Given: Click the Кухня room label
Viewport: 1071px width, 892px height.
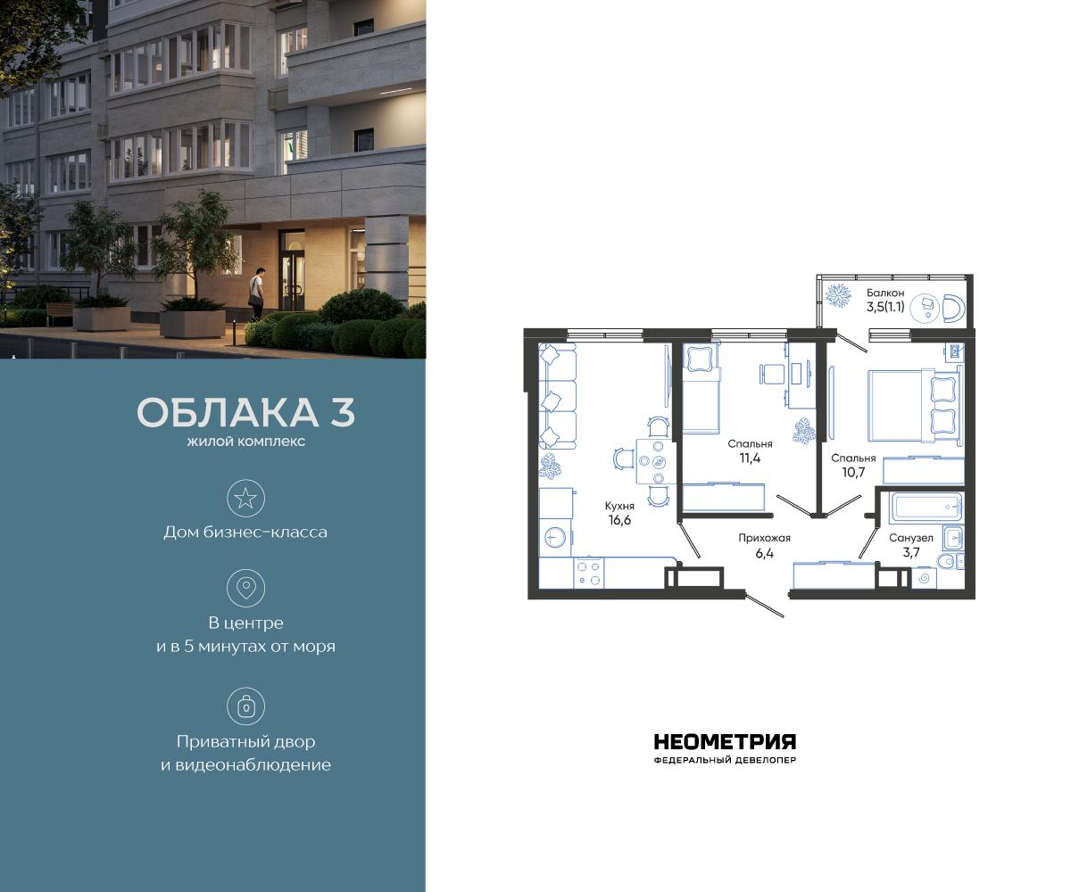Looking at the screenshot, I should pos(619,505).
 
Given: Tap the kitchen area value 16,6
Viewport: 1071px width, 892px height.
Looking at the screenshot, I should pos(619,521).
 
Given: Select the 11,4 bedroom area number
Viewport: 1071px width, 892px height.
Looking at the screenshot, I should pos(749,458).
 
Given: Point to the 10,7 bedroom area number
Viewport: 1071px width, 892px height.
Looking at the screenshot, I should pos(852,474).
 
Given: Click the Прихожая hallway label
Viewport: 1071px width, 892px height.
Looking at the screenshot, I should pos(764,538).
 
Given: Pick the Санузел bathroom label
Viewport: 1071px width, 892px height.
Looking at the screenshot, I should pos(910,538).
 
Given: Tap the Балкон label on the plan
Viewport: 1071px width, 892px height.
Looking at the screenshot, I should pos(885,293).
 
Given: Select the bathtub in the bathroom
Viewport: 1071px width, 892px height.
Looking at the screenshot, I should pos(927,509).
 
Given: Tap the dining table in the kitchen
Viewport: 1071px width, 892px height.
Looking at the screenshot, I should pos(652,461).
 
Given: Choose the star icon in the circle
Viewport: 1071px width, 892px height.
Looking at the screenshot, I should pos(245,498).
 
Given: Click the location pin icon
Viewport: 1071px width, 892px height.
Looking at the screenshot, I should pos(245,588).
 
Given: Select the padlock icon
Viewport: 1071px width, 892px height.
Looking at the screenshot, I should pos(245,706).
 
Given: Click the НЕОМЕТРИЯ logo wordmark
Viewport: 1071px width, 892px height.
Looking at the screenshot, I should pos(725,742).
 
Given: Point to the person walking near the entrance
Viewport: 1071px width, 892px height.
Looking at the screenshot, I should pos(256,293).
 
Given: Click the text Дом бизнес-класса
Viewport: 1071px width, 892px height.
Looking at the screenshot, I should pos(245,533).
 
